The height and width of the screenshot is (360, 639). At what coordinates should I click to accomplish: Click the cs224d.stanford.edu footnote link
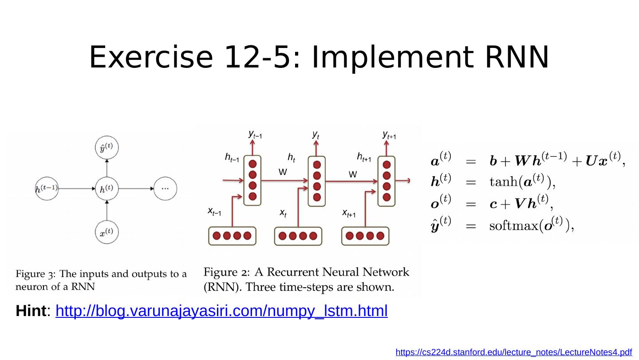[513, 352]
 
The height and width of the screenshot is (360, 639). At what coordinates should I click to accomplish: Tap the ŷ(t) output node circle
[106, 148]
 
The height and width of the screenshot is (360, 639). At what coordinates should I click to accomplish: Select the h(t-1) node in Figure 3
[47, 188]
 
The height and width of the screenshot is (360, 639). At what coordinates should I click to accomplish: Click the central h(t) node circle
[106, 188]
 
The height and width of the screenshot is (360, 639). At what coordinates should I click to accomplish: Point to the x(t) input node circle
[106, 232]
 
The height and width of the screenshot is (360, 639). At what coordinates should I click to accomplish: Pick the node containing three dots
[165, 188]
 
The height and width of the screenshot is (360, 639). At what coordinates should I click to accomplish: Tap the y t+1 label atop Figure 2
[389, 135]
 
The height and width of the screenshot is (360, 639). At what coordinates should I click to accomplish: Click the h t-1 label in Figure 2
[232, 158]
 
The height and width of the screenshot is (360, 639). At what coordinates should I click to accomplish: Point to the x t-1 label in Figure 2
[214, 212]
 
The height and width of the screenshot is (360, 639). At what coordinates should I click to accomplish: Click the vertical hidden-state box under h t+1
[386, 181]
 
